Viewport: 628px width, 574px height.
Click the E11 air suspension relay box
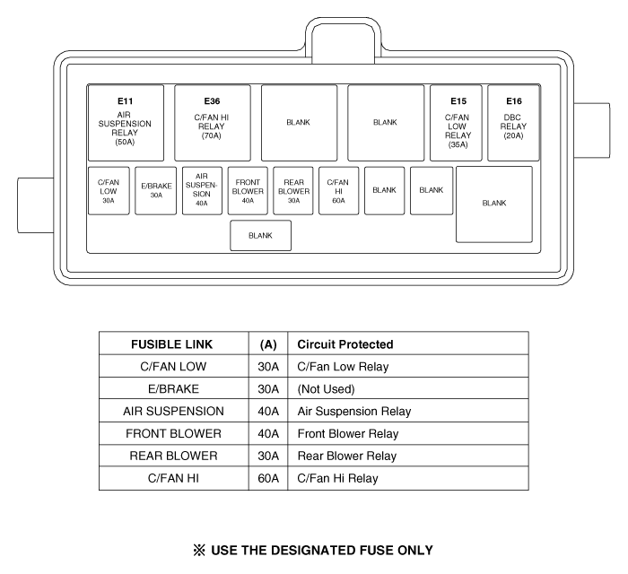pyautogui.click(x=126, y=123)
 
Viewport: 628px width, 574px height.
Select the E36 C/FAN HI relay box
pyautogui.click(x=213, y=123)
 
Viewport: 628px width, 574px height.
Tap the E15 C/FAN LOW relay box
pyautogui.click(x=456, y=123)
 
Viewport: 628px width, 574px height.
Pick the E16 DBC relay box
pyautogui.click(x=514, y=123)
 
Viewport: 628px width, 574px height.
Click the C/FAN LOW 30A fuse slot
pyautogui.click(x=109, y=191)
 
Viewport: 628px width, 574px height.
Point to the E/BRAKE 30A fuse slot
pyautogui.click(x=156, y=191)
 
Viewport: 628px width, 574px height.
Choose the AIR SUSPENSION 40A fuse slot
pyautogui.click(x=202, y=191)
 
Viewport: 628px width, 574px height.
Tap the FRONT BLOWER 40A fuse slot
pyautogui.click(x=248, y=191)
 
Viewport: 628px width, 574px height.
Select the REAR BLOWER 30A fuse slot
pyautogui.click(x=293, y=191)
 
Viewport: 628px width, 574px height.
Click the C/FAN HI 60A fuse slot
pyautogui.click(x=339, y=191)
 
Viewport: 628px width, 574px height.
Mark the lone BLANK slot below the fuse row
pyautogui.click(x=261, y=235)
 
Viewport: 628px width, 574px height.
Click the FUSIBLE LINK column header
pyautogui.click(x=172, y=344)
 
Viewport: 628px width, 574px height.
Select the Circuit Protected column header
pyautogui.click(x=345, y=344)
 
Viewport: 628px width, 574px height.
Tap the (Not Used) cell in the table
pyautogui.click(x=326, y=389)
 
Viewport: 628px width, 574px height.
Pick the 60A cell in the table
pyautogui.click(x=268, y=478)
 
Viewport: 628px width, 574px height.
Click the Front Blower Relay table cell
pyautogui.click(x=348, y=434)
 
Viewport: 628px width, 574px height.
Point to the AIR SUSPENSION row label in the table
pyautogui.click(x=173, y=412)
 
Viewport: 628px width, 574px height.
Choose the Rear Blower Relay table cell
pyautogui.click(x=347, y=456)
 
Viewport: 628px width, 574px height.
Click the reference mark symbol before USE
pyautogui.click(x=199, y=551)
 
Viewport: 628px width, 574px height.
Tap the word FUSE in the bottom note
pyautogui.click(x=376, y=551)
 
